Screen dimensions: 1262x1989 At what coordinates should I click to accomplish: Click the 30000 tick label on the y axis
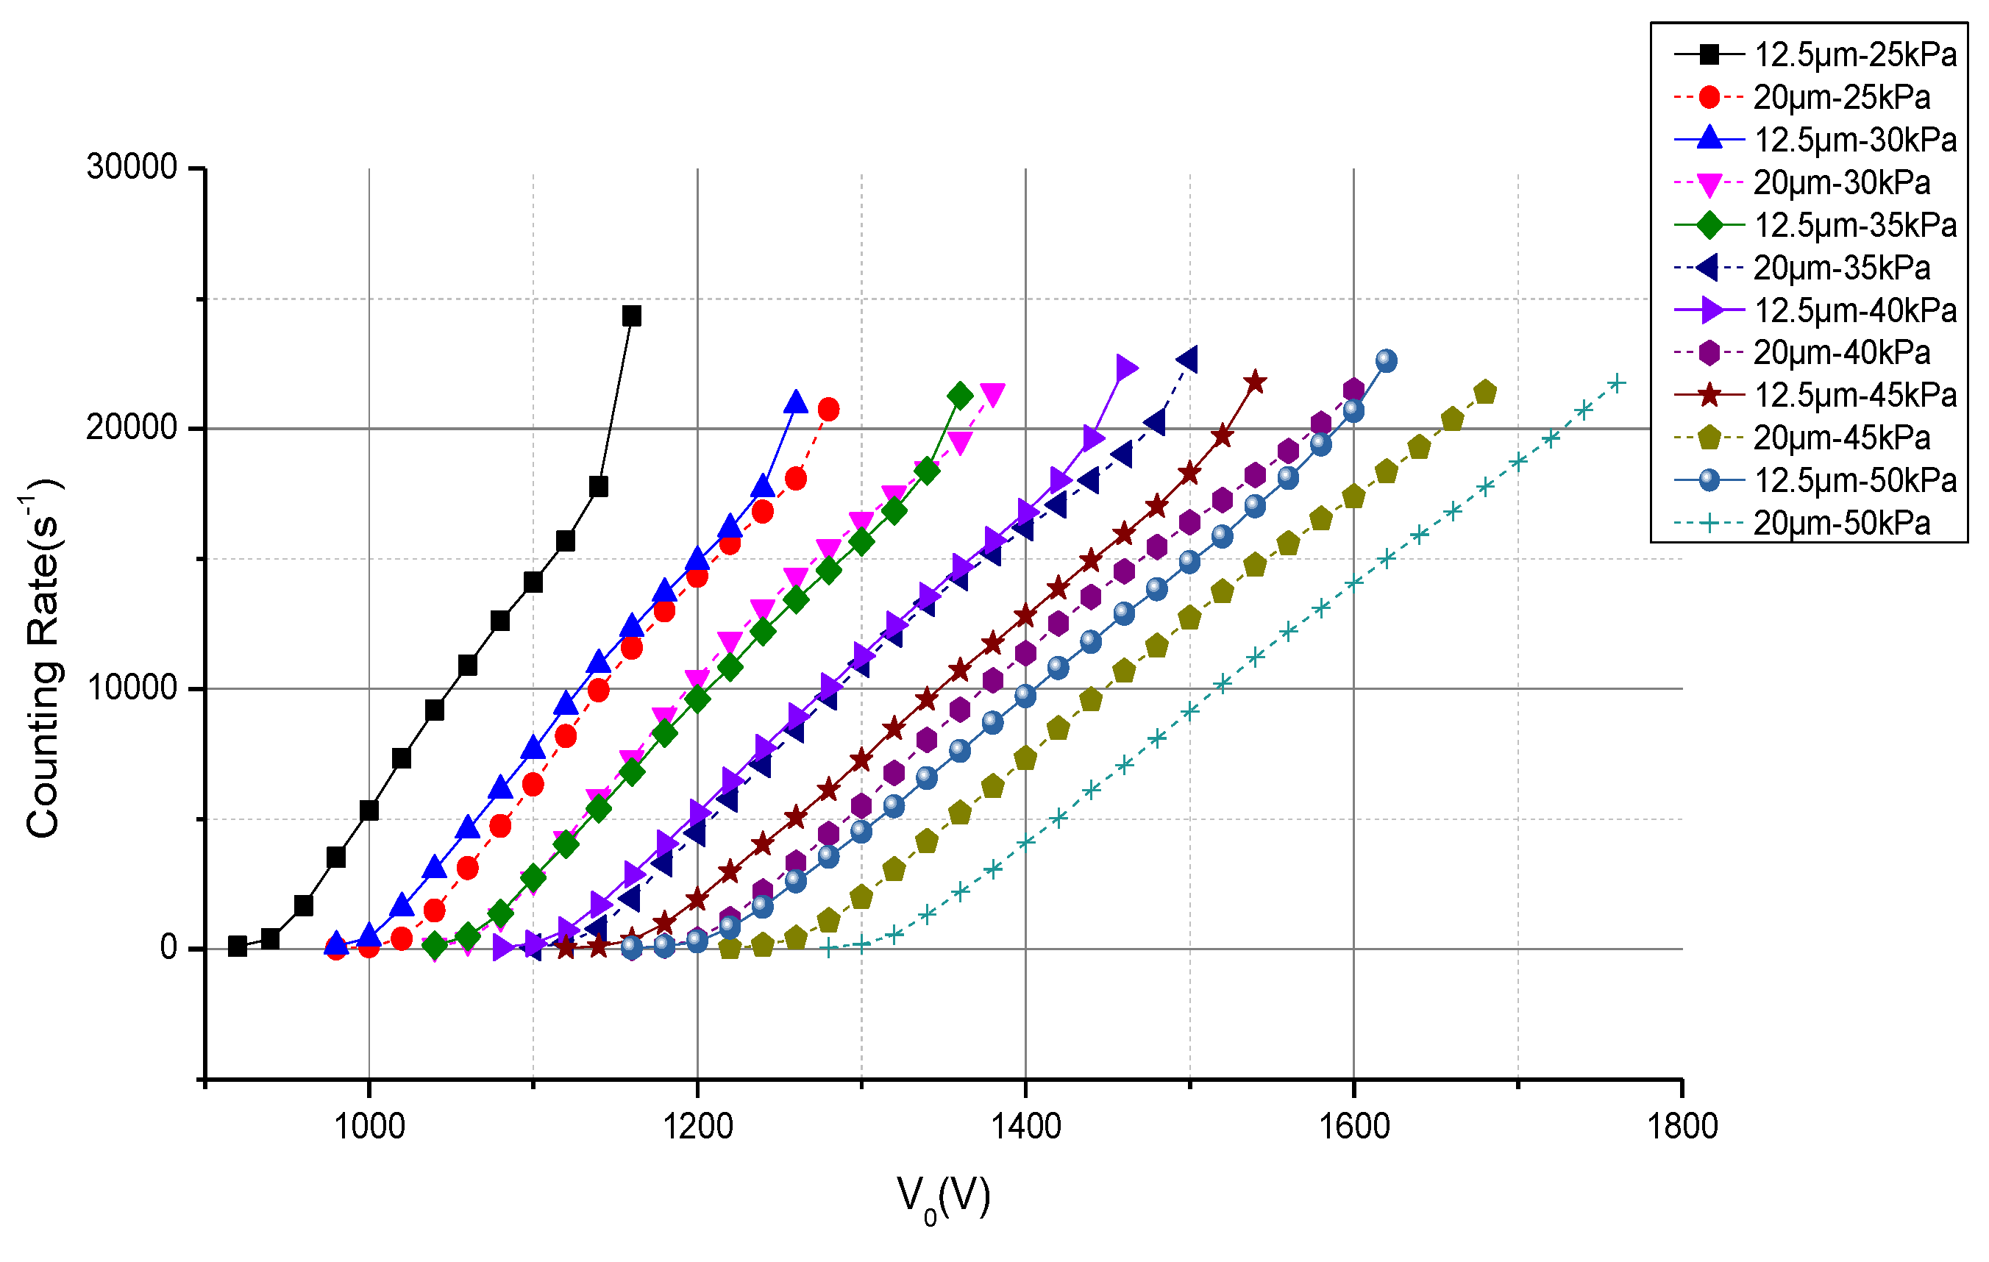[x=132, y=168]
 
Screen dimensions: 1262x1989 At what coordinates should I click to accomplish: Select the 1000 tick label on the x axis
[x=369, y=1127]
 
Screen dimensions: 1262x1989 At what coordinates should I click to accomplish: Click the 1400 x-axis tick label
[x=1025, y=1127]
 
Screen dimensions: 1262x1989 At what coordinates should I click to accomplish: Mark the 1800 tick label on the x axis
[x=1682, y=1127]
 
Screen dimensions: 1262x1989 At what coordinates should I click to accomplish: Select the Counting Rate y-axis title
[x=43, y=657]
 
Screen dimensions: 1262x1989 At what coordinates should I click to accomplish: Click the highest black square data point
[x=631, y=315]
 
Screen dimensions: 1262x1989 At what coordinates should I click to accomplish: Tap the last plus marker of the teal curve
[x=1617, y=383]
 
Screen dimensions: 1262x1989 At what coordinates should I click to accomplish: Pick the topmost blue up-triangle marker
[x=795, y=402]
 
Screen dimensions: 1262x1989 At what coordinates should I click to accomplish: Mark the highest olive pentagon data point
[x=1484, y=392]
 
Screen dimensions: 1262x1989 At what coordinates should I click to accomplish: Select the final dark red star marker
[x=1255, y=382]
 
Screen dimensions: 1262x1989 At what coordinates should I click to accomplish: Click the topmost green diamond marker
[x=959, y=396]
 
